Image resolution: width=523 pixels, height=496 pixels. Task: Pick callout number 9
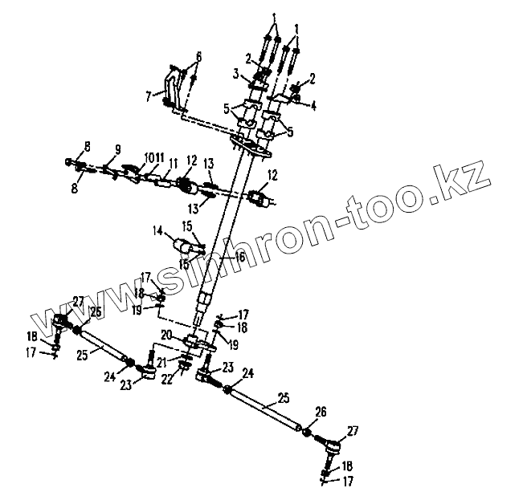(x=117, y=148)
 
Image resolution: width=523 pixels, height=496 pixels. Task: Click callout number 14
(x=157, y=230)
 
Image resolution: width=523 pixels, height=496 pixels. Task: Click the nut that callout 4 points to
(x=296, y=99)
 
